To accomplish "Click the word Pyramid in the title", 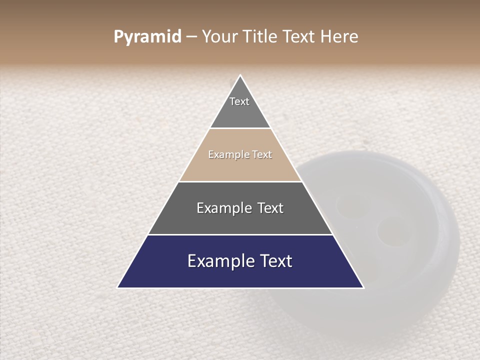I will [147, 37].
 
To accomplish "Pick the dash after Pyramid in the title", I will [191, 37].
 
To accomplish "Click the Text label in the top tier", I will [239, 101].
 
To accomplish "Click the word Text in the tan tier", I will [262, 154].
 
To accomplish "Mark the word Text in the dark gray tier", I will [270, 208].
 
